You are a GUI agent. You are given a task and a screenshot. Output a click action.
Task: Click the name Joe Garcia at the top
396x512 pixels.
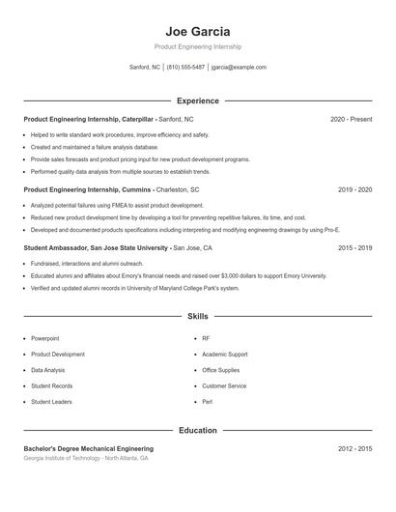click(x=197, y=32)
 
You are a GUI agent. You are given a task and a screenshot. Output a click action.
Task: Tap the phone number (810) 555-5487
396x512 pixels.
click(x=185, y=68)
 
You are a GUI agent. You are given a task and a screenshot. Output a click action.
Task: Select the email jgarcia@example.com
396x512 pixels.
click(x=239, y=68)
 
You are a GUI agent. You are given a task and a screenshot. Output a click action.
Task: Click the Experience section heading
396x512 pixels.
click(x=197, y=100)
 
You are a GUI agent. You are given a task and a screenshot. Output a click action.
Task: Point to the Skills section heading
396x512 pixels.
click(x=197, y=316)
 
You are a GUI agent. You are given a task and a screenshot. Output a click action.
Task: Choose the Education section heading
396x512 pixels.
click(x=197, y=430)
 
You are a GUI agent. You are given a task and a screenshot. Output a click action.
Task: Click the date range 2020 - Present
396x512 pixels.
click(x=351, y=119)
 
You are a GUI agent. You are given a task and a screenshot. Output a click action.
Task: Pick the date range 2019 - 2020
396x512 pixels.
click(x=354, y=190)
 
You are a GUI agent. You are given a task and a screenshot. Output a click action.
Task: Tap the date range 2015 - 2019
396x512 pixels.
click(x=354, y=248)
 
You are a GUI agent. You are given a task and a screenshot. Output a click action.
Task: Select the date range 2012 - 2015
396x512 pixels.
click(x=354, y=449)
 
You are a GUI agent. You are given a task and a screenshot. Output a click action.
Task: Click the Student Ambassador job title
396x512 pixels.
click(x=55, y=248)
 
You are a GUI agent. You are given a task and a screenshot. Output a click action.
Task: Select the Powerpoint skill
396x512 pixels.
click(x=44, y=338)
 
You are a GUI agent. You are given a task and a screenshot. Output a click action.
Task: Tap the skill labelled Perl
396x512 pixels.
click(x=207, y=401)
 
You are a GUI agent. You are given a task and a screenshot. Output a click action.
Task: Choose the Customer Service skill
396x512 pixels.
click(x=224, y=385)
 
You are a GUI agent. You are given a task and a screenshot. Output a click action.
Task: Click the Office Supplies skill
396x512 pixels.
click(x=221, y=370)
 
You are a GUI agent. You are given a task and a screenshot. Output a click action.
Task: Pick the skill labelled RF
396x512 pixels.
click(x=206, y=338)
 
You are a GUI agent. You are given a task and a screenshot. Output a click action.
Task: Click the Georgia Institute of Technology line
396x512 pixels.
click(x=86, y=458)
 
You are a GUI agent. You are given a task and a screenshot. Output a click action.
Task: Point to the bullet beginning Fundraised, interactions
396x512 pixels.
click(x=87, y=263)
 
